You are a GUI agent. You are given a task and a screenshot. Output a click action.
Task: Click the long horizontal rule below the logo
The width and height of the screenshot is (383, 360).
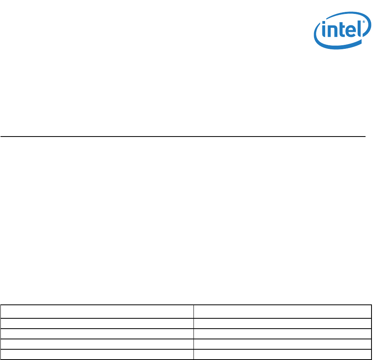(182, 137)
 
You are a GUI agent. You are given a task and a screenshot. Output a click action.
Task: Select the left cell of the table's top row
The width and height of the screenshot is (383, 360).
(97, 311)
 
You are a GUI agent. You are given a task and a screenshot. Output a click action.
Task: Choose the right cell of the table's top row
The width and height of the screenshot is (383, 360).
(282, 311)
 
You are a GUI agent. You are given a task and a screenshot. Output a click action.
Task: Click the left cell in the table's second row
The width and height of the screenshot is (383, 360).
(97, 323)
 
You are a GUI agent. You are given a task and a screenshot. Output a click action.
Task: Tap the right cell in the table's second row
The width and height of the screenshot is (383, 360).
(282, 323)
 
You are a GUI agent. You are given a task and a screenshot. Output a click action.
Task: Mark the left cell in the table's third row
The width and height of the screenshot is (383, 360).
(97, 333)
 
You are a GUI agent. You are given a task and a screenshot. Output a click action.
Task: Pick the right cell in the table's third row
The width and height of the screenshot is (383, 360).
(282, 333)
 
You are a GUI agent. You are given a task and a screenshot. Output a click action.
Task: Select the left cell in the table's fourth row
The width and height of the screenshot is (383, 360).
(97, 344)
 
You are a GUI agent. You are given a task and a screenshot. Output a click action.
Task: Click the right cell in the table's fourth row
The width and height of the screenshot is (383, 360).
(282, 344)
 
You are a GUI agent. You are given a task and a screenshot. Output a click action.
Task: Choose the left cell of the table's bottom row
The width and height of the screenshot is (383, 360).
(97, 354)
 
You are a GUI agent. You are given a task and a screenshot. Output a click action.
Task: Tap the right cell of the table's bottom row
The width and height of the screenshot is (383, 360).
(282, 354)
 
